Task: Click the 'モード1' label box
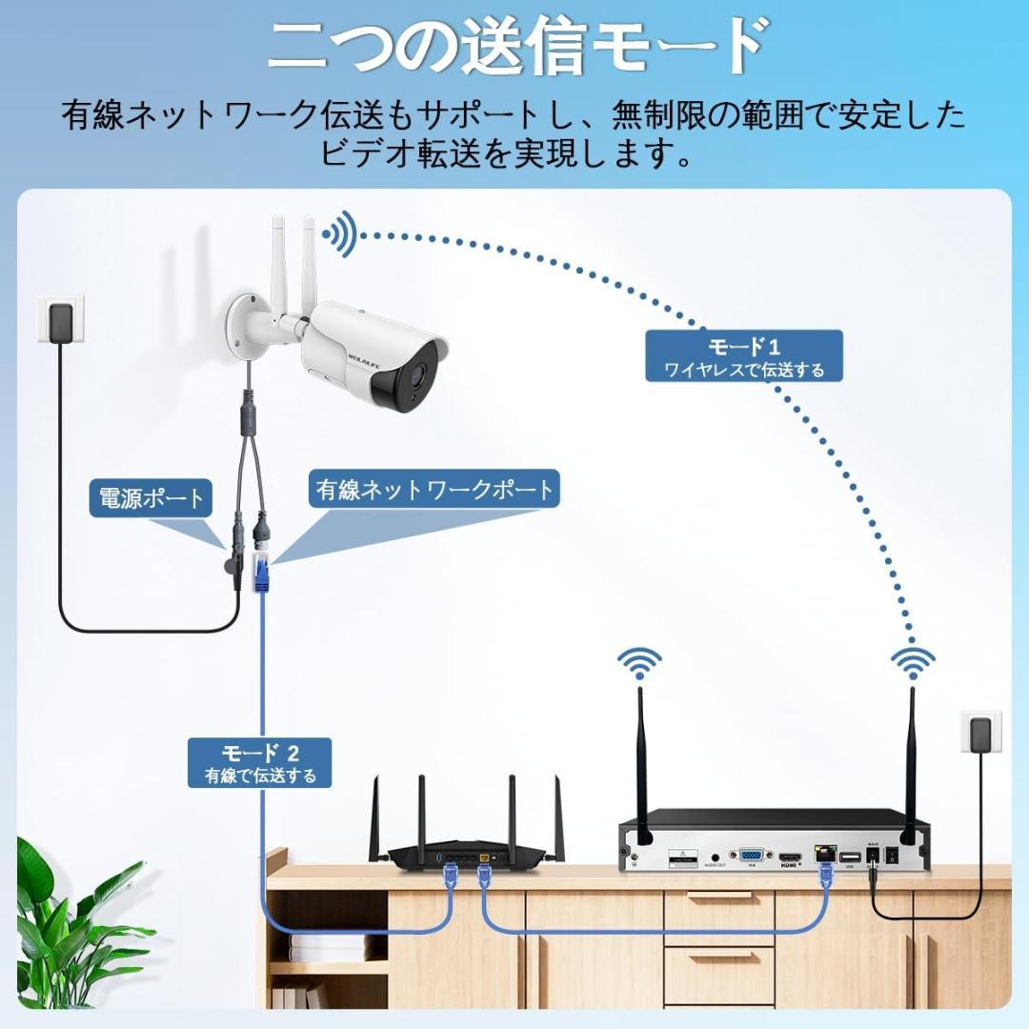tap(744, 356)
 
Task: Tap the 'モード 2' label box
tap(259, 762)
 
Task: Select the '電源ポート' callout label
tap(151, 497)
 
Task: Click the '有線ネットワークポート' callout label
tap(434, 490)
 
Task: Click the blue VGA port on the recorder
tap(751, 855)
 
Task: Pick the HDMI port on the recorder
tap(790, 857)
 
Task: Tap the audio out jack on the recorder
tap(715, 857)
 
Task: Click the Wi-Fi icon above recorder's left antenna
tap(639, 662)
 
